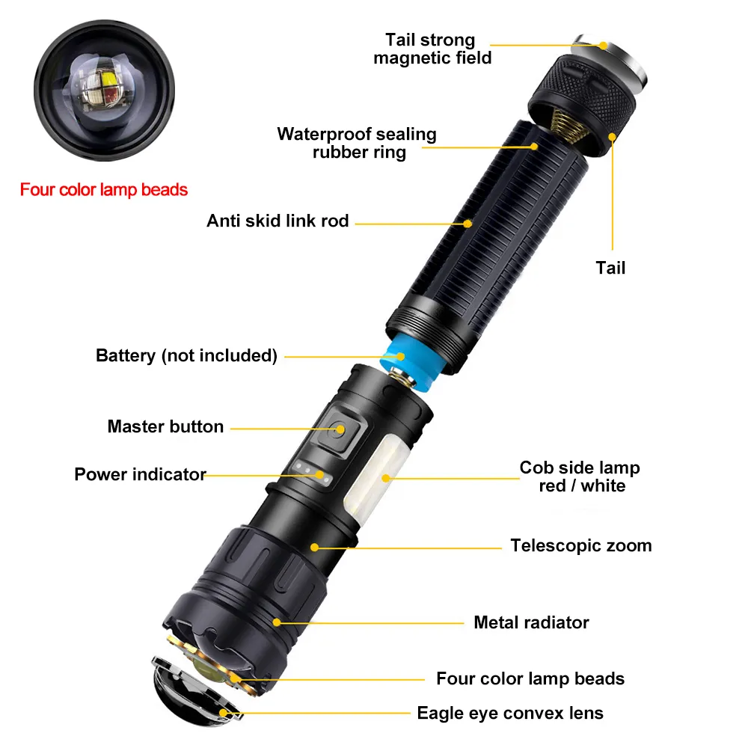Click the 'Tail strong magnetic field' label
pos(432,49)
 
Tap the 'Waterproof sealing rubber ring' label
pos(357,144)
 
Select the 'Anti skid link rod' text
pos(278,221)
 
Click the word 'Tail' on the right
pos(610,268)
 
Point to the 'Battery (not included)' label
pos(186,355)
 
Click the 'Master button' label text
pos(165,426)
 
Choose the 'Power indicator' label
pos(139,474)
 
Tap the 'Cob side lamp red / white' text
pos(580,476)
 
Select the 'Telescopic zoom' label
pos(581,545)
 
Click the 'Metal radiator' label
pos(531,622)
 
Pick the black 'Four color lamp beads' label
pos(530,678)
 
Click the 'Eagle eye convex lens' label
pos(510,713)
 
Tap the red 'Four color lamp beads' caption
pos(104,190)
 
